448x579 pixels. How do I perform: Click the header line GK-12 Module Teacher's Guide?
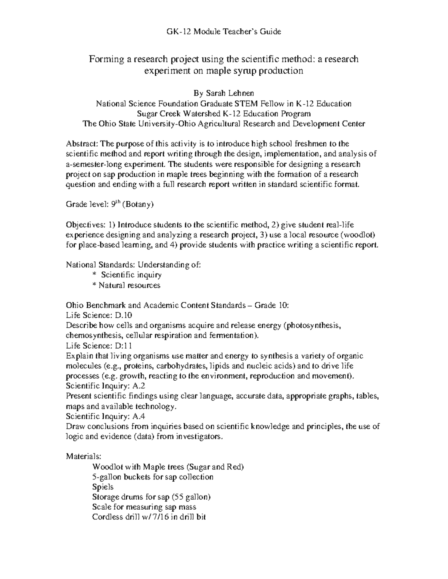(224, 32)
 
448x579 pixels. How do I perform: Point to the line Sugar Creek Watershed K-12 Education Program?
(224, 114)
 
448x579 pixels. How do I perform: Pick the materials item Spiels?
(103, 487)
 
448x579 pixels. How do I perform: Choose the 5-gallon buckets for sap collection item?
(153, 477)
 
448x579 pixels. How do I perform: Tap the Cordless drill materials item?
(149, 517)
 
